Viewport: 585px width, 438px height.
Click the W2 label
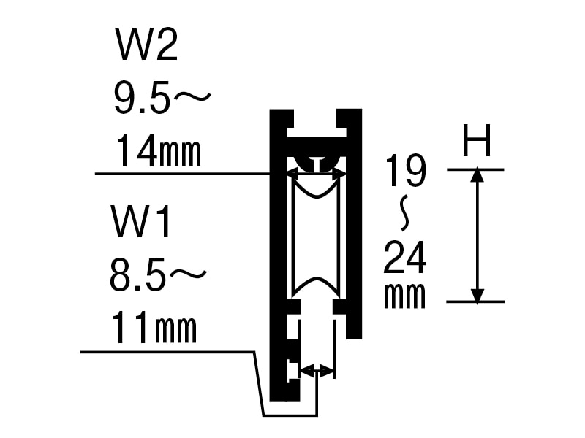(147, 45)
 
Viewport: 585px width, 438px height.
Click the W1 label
(141, 222)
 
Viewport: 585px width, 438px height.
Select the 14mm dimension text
(159, 151)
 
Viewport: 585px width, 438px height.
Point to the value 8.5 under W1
(137, 276)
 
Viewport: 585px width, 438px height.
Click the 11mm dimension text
(154, 328)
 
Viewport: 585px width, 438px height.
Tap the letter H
(477, 140)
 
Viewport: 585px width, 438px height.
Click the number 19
(406, 171)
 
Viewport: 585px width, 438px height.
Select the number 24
(405, 257)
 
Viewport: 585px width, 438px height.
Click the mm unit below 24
(405, 296)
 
